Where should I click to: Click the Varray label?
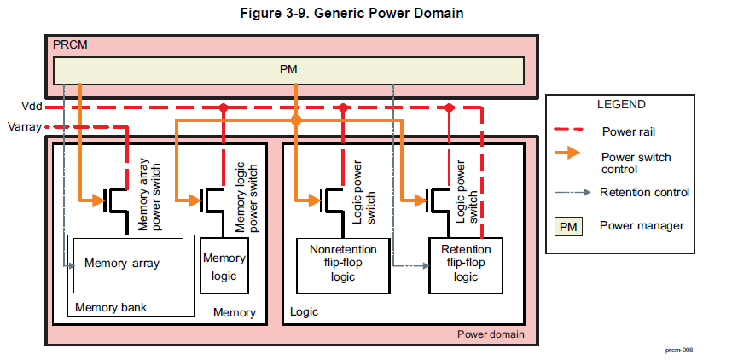(x=24, y=127)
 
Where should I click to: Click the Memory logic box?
(x=223, y=265)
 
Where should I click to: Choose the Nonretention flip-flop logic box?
(x=342, y=265)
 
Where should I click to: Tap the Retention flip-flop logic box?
(x=465, y=265)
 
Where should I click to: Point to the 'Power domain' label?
(x=491, y=334)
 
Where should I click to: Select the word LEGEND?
(x=620, y=105)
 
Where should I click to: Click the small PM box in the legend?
(x=569, y=227)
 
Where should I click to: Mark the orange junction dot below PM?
(x=296, y=121)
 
